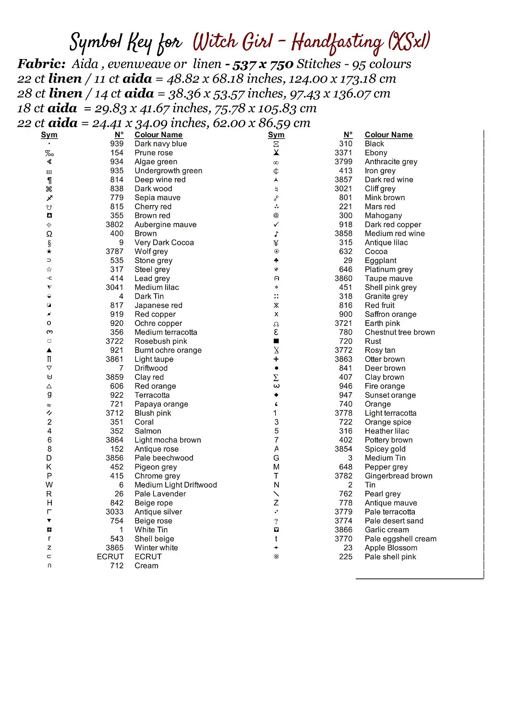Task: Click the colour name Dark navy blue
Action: [160, 144]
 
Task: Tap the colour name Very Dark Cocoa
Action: [164, 242]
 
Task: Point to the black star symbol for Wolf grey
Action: [49, 252]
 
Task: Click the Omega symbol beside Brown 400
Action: [49, 234]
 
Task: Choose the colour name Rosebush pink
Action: [160, 341]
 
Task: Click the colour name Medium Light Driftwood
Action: [175, 485]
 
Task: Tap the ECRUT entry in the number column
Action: [110, 556]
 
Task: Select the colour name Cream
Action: [146, 565]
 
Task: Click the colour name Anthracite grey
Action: [391, 162]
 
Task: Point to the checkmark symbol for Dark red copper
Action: [276, 224]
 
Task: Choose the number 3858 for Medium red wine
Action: [343, 233]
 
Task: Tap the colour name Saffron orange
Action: [390, 314]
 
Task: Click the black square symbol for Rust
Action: [276, 341]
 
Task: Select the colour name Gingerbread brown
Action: [398, 476]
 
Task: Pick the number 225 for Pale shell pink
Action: [345, 556]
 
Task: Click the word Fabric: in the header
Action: [41, 64]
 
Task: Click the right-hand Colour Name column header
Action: [388, 135]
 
